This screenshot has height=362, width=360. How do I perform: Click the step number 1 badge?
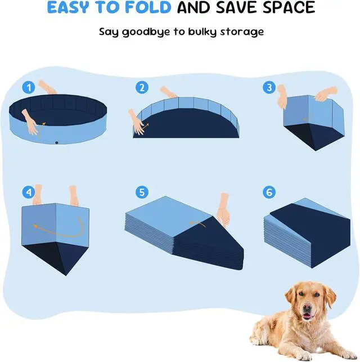(29, 87)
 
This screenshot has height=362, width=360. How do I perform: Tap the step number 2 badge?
(142, 87)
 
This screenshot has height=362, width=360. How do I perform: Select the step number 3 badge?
(269, 87)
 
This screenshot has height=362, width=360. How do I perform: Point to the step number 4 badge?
(29, 192)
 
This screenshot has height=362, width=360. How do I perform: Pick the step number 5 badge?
(142, 192)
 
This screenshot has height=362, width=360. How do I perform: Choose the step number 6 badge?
(269, 192)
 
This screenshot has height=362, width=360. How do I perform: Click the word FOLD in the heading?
(148, 7)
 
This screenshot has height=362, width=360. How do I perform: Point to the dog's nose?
(307, 307)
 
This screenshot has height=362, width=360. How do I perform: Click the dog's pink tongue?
(307, 316)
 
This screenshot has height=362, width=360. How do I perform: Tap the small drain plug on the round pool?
(57, 142)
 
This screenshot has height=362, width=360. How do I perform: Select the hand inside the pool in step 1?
(30, 122)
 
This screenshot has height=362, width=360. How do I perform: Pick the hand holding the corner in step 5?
(223, 210)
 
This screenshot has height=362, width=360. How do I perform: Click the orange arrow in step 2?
(145, 126)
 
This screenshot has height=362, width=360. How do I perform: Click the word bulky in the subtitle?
(202, 32)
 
